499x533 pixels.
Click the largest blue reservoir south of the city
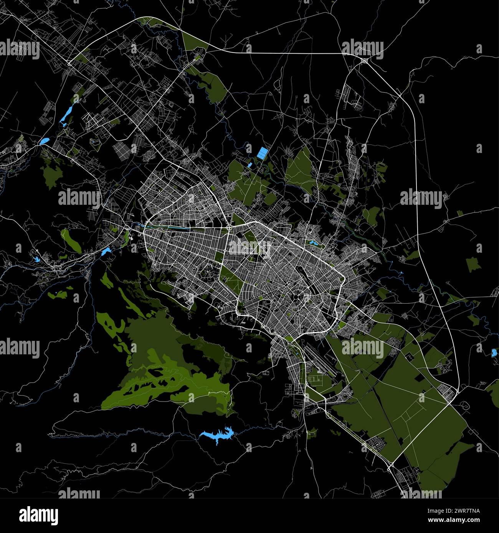tap(217, 434)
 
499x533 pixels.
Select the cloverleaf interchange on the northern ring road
tap(364, 60)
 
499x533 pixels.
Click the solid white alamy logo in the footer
tap(39, 516)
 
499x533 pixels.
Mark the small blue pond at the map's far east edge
tap(494, 353)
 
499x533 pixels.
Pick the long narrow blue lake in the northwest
tap(66, 114)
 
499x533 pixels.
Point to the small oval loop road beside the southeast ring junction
tap(464, 405)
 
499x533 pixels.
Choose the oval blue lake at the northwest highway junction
tap(44, 141)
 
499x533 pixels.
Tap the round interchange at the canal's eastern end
tap(229, 229)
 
